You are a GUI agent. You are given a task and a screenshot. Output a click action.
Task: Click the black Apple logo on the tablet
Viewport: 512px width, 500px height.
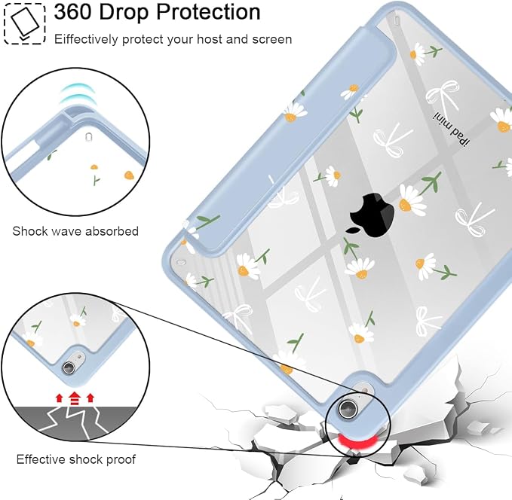(x=371, y=215)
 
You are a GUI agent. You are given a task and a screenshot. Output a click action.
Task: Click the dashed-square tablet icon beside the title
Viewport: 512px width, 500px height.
(x=24, y=23)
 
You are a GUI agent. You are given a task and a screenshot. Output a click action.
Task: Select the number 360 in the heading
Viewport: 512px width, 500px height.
(x=73, y=12)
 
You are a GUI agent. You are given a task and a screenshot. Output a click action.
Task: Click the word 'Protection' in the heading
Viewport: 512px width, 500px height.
(x=208, y=12)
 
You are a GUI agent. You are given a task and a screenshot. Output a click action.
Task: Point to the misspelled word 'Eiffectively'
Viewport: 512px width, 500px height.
(x=86, y=39)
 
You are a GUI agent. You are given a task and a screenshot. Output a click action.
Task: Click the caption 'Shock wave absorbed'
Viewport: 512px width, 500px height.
(x=75, y=231)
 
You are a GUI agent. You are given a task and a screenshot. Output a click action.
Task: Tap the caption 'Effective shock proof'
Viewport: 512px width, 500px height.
(x=75, y=459)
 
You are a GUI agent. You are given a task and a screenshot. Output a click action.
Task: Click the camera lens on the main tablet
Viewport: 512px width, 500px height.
(x=346, y=408)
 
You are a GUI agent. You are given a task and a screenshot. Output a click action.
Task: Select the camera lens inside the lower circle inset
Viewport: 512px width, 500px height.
(x=69, y=367)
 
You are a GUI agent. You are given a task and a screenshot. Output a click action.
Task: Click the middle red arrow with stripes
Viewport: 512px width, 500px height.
(x=75, y=398)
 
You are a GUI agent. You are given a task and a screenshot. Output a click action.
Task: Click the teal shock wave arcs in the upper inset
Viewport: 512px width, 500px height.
(x=76, y=94)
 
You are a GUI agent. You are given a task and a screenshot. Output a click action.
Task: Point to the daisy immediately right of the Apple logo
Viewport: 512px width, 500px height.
(x=412, y=200)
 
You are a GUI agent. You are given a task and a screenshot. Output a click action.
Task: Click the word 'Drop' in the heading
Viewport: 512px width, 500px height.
(x=124, y=13)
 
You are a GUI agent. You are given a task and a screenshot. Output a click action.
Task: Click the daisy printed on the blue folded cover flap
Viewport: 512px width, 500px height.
(x=295, y=111)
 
